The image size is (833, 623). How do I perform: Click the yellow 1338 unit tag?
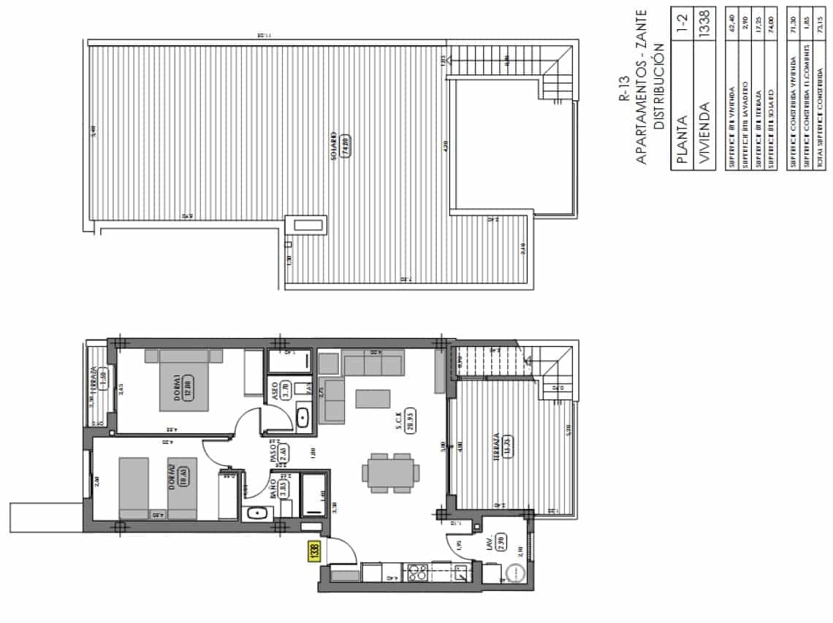314,550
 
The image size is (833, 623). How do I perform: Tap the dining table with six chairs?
391,473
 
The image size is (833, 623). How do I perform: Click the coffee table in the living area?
373,398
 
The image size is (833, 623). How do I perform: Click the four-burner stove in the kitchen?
417,573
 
